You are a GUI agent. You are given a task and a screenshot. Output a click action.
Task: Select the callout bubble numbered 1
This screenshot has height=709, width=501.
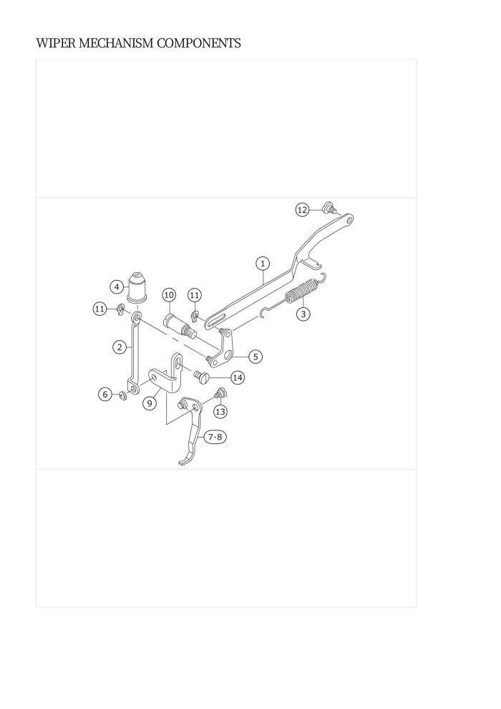click(263, 263)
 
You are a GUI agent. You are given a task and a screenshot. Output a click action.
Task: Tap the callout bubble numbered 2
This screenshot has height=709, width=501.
click(120, 347)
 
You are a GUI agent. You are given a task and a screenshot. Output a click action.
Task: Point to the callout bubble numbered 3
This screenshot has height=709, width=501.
click(303, 314)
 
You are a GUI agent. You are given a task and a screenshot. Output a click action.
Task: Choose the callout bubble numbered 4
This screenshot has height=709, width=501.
click(117, 286)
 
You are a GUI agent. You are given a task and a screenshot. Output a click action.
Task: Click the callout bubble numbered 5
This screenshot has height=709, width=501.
click(256, 357)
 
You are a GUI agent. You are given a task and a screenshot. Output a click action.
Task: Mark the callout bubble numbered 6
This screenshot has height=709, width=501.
click(105, 395)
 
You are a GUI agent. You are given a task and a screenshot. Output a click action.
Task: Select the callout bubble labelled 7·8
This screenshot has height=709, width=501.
click(215, 438)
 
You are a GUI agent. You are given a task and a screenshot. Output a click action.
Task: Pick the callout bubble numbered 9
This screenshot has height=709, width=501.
click(150, 402)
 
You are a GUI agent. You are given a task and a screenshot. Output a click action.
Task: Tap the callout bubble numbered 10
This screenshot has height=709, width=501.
click(169, 295)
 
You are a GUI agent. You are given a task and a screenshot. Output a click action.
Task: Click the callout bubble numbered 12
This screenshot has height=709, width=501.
click(302, 210)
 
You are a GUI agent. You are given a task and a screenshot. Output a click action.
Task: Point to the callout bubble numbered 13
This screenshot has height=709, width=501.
click(220, 412)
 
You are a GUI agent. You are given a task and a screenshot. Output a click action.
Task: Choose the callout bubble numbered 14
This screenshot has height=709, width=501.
click(238, 377)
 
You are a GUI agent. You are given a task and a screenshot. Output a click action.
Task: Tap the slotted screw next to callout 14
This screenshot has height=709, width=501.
click(200, 376)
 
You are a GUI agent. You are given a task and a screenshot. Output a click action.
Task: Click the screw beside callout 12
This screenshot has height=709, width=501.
click(329, 208)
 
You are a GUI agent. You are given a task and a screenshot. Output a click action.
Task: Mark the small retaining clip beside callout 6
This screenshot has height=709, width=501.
click(123, 397)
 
